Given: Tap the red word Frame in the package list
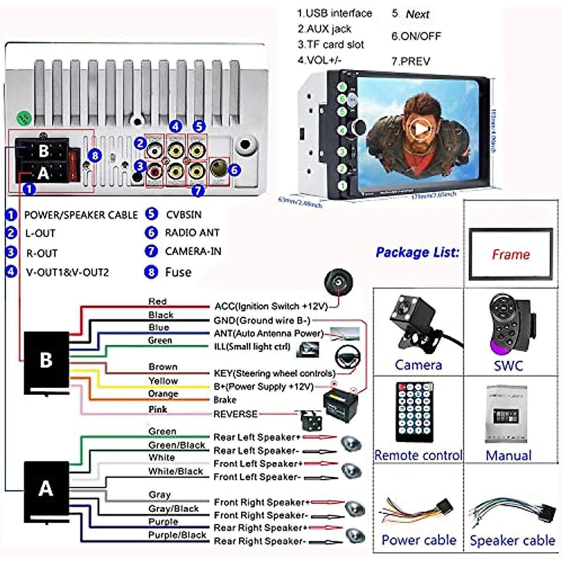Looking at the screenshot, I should point(510,255).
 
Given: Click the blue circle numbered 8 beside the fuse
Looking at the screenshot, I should point(95,155).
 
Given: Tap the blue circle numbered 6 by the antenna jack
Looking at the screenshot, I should point(235,170).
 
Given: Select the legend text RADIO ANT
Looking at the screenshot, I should point(192,233).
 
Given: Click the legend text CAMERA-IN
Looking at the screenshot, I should point(193,251).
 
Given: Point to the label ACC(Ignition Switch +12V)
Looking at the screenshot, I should point(271,306).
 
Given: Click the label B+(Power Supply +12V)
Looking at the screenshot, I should point(263,387).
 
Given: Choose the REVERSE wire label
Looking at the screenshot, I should point(236,414).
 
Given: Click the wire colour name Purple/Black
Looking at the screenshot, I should point(177,535).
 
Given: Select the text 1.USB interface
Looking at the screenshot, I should point(335,13).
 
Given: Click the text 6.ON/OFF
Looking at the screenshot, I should point(416,36).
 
